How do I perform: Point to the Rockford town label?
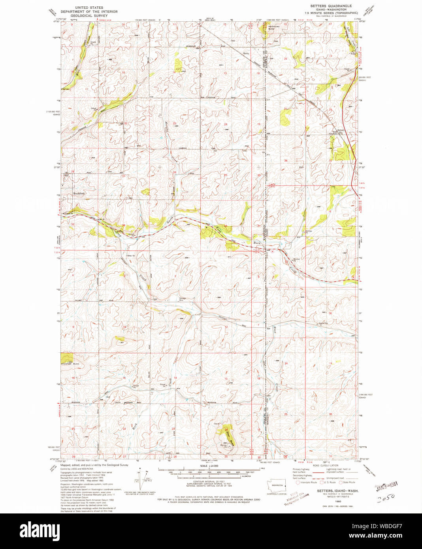tap(79, 194)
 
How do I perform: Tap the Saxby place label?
tap(246, 53)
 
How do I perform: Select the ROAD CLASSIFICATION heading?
tap(325, 466)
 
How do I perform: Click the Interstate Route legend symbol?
tap(298, 482)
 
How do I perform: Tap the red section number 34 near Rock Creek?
tap(124, 226)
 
